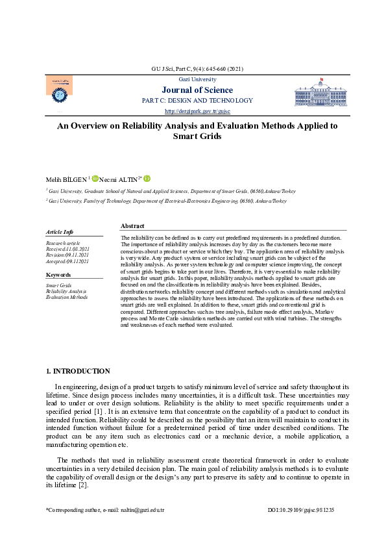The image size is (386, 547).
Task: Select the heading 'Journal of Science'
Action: pyautogui.click(x=197, y=90)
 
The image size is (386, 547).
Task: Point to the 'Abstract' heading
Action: pyautogui.click(x=132, y=225)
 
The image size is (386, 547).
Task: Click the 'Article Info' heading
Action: pyautogui.click(x=60, y=232)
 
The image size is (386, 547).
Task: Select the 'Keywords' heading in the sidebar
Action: pyautogui.click(x=58, y=275)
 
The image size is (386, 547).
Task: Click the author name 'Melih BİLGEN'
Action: pyautogui.click(x=66, y=179)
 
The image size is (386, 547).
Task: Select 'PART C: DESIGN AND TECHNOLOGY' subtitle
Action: pyautogui.click(x=197, y=101)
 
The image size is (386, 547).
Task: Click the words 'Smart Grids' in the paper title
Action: pyautogui.click(x=197, y=136)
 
